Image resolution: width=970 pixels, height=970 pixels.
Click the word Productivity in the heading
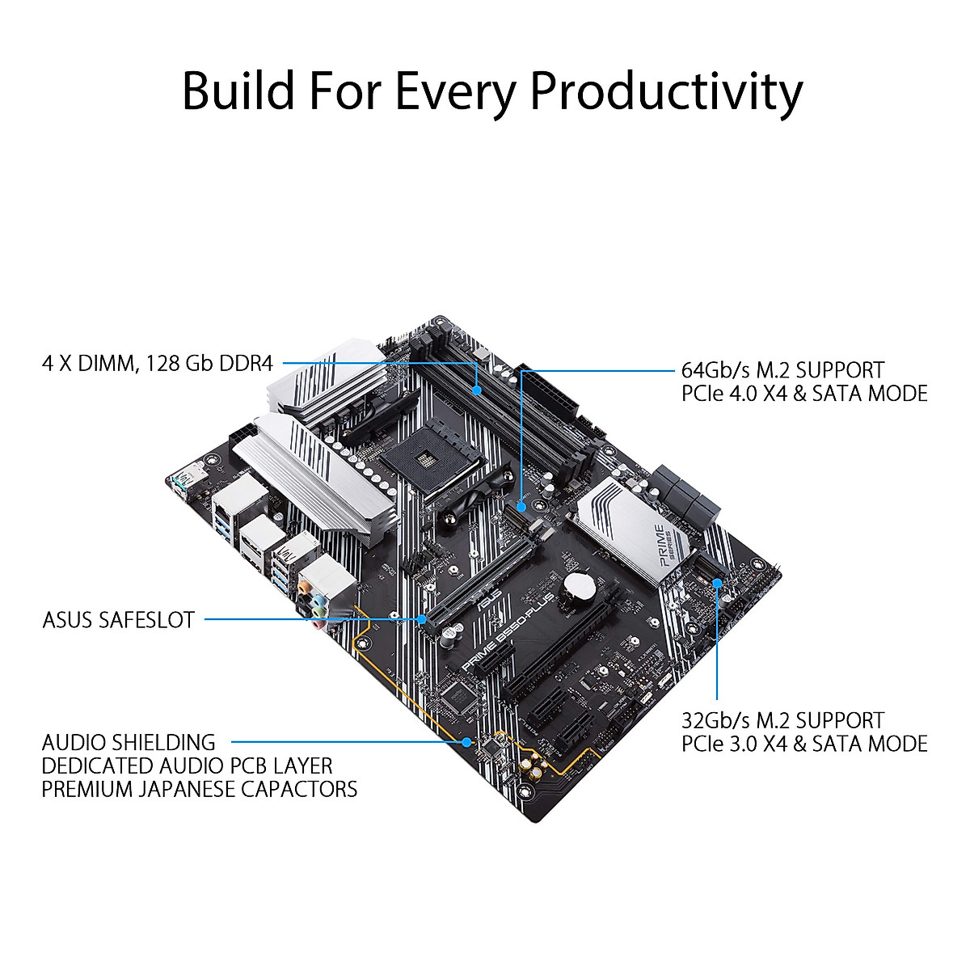(x=665, y=91)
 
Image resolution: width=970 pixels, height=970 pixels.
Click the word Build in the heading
(x=238, y=91)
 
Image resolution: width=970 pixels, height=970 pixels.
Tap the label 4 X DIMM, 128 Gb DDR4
(x=158, y=363)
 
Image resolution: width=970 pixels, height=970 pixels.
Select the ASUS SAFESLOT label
(x=118, y=621)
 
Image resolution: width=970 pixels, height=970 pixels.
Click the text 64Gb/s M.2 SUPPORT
(x=782, y=370)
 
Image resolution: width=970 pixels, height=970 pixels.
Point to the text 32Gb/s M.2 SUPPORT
(x=782, y=720)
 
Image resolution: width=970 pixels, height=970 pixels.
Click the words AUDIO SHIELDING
(x=129, y=742)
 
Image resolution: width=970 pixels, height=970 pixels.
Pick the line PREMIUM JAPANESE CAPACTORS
(x=199, y=789)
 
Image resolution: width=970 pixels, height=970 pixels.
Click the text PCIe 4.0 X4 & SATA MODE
(x=804, y=394)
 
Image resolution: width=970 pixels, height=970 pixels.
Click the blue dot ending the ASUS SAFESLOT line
(x=423, y=620)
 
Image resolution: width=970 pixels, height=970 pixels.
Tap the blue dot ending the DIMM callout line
(x=478, y=390)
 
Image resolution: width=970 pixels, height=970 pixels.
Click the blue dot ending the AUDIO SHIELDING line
(x=467, y=741)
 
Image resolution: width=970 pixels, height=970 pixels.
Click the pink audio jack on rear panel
(x=321, y=623)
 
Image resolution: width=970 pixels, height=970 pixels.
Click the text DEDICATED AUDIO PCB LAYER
(x=187, y=765)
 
